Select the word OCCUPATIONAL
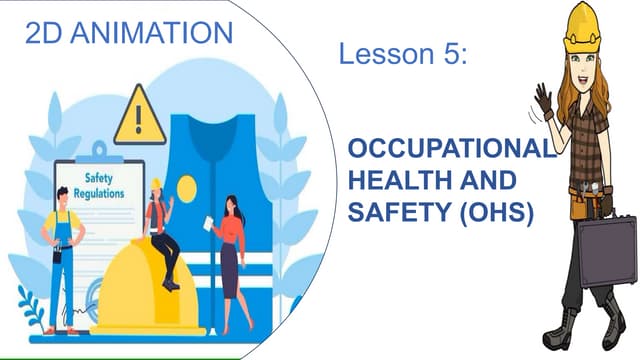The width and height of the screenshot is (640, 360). tap(449, 150)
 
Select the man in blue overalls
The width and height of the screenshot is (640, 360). tap(62, 255)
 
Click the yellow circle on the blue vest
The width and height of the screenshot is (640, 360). tap(187, 187)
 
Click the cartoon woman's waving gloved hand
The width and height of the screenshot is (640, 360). tap(543, 100)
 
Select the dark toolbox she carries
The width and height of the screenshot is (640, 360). tap(606, 251)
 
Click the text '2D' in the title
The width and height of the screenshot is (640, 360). tap(43, 33)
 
